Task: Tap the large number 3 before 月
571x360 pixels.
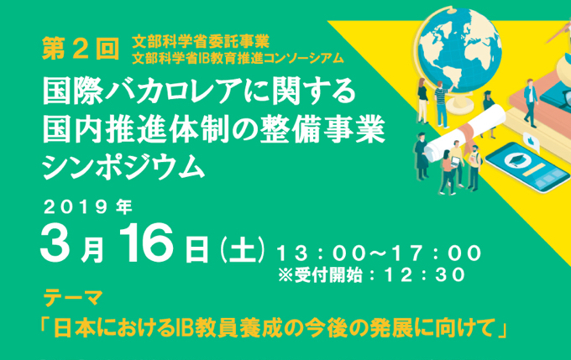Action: click(x=55, y=242)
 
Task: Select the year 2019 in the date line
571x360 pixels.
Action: click(x=76, y=207)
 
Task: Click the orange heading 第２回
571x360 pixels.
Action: click(x=81, y=49)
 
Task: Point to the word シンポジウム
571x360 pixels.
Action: click(x=123, y=167)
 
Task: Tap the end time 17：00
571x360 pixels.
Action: click(x=437, y=253)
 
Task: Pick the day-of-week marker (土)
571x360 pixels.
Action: click(x=242, y=250)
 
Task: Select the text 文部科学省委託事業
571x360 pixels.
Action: click(x=201, y=41)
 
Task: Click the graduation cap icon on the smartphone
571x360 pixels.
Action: click(x=516, y=159)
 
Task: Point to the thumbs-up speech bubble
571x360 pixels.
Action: click(x=532, y=142)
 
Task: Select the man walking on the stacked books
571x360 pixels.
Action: click(x=531, y=102)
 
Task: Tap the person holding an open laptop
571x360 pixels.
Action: click(x=456, y=163)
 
